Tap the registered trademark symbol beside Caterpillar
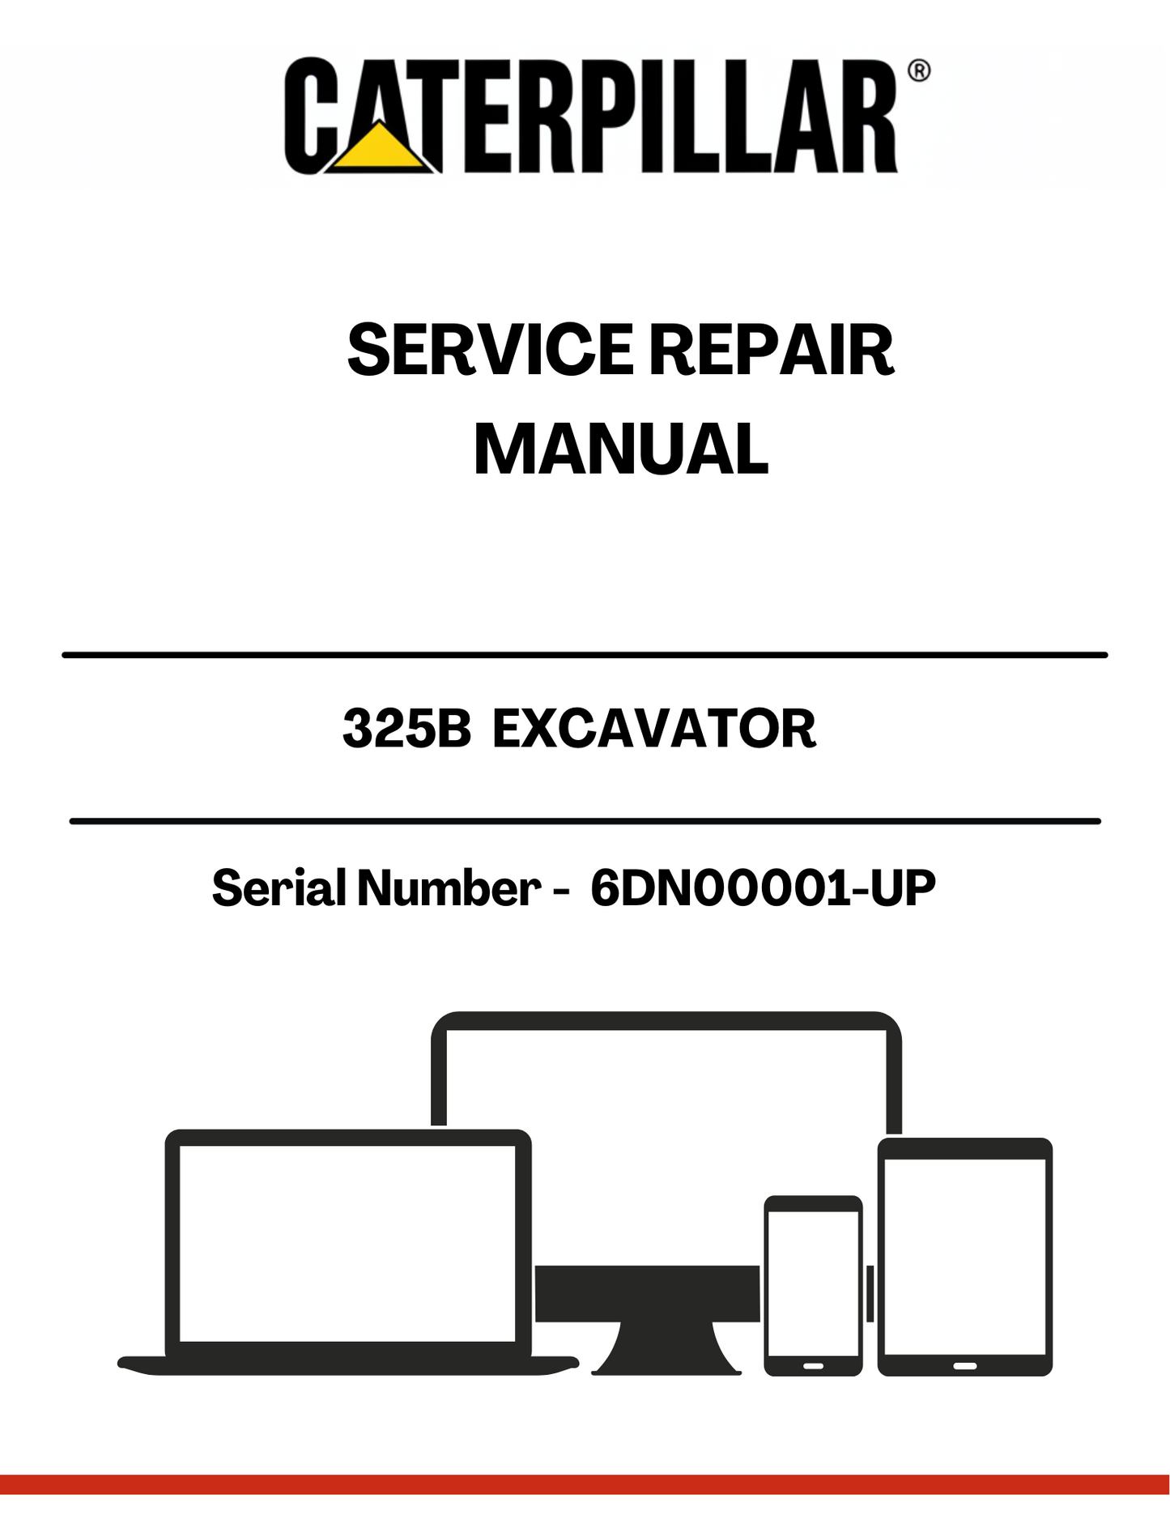click(919, 70)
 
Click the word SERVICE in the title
click(490, 350)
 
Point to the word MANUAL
click(621, 449)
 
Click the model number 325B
click(406, 728)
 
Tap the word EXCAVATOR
click(654, 728)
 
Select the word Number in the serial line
click(449, 887)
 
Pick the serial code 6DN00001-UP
click(763, 887)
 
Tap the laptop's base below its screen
click(348, 1365)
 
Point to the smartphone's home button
click(813, 1366)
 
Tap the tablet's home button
click(964, 1366)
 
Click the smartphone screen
click(813, 1283)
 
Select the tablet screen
click(965, 1257)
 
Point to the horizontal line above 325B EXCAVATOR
click(585, 654)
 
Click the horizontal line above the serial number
click(585, 821)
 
